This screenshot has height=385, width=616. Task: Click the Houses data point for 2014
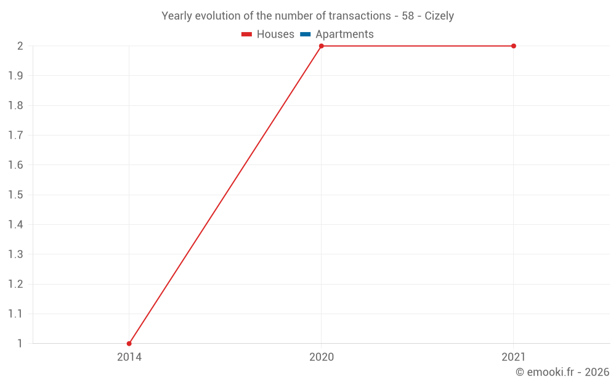pyautogui.click(x=129, y=343)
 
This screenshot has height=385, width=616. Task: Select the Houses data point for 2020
pyautogui.click(x=321, y=46)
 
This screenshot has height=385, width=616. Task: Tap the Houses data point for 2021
pyautogui.click(x=513, y=46)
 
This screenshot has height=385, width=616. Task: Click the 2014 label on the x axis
pyautogui.click(x=129, y=357)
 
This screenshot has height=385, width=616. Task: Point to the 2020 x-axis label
pyautogui.click(x=321, y=357)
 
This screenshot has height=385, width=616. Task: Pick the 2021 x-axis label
pyautogui.click(x=513, y=357)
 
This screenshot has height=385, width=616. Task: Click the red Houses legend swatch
pyautogui.click(x=247, y=34)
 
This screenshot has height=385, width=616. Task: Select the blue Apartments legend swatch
pyautogui.click(x=306, y=34)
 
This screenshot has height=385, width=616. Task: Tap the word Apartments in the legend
pyautogui.click(x=344, y=34)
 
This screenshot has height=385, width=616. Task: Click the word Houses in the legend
pyautogui.click(x=275, y=34)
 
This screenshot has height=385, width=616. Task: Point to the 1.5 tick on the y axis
pyautogui.click(x=15, y=195)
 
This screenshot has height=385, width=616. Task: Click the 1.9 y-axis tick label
pyautogui.click(x=15, y=76)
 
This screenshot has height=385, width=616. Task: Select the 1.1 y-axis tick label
pyautogui.click(x=15, y=314)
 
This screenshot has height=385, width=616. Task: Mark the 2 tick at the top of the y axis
pyautogui.click(x=20, y=46)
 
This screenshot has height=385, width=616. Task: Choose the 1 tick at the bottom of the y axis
pyautogui.click(x=20, y=343)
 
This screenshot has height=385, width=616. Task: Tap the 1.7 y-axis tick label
pyautogui.click(x=15, y=136)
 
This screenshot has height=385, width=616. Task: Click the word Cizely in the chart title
pyautogui.click(x=439, y=16)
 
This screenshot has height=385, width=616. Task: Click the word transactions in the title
pyautogui.click(x=362, y=16)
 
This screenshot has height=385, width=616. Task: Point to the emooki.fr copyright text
pyautogui.click(x=562, y=372)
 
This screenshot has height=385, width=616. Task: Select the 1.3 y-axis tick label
pyautogui.click(x=15, y=254)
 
